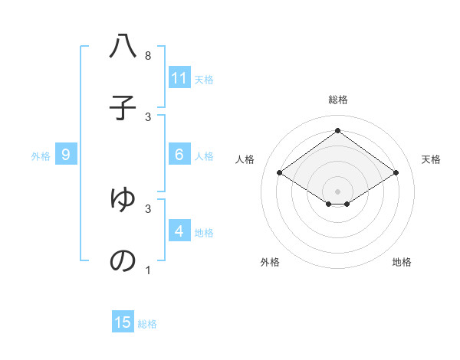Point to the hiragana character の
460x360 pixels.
point(123,260)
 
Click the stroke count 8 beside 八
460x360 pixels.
point(148,56)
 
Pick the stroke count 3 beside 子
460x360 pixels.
point(148,116)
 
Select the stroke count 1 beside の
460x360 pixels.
point(148,270)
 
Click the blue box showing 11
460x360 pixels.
point(179,78)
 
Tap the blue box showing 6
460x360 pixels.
point(179,155)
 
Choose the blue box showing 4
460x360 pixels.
point(179,231)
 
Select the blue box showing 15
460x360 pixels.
point(123,322)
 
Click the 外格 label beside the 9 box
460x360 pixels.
point(41,156)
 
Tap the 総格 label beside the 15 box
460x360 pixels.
point(147,324)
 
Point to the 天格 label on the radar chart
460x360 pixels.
point(431,159)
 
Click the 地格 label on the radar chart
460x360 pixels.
point(402,262)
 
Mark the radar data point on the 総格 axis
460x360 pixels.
point(337,131)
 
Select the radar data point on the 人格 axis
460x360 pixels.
point(280,173)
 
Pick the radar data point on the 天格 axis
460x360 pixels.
point(396,173)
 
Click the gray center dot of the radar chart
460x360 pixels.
point(337,191)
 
